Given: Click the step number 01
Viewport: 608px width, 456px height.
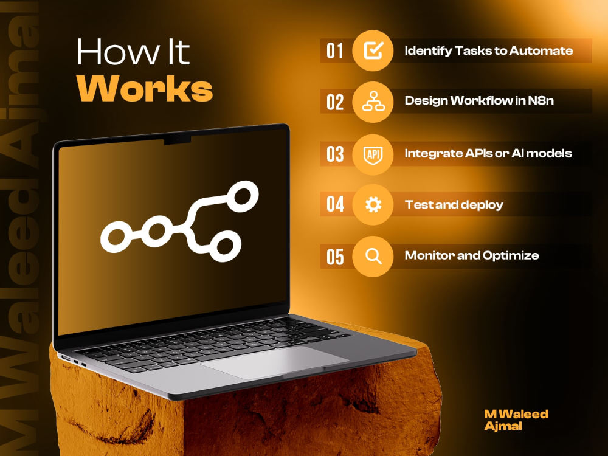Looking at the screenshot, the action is tap(334, 51).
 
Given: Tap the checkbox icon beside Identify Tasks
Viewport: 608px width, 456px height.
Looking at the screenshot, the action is tap(373, 50).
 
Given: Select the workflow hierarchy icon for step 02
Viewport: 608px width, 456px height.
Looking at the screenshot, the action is tap(373, 102).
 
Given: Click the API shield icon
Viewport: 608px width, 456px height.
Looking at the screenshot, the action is tap(373, 154).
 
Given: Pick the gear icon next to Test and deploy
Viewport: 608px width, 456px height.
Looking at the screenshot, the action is tap(373, 204).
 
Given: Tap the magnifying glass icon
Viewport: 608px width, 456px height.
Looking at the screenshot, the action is tap(374, 257).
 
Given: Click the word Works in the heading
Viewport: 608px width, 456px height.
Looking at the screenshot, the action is tap(145, 88).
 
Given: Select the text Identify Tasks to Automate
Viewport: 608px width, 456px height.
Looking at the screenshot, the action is tap(489, 51).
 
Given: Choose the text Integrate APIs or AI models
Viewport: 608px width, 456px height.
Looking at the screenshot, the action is tap(488, 154).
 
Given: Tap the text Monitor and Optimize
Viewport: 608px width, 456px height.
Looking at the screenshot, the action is tap(472, 255).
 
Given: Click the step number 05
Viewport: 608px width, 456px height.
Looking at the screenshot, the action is tap(335, 257).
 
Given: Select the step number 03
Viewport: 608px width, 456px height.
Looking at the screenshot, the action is tap(335, 154).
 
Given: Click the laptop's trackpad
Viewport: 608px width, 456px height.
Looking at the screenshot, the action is tap(275, 362).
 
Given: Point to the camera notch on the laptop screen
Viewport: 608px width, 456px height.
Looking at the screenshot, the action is tap(177, 140).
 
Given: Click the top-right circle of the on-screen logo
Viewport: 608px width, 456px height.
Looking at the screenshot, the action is tap(243, 196).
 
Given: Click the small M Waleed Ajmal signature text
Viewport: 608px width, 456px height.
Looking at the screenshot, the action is tap(516, 420).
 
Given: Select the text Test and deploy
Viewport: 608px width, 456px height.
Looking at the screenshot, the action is tap(454, 205).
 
